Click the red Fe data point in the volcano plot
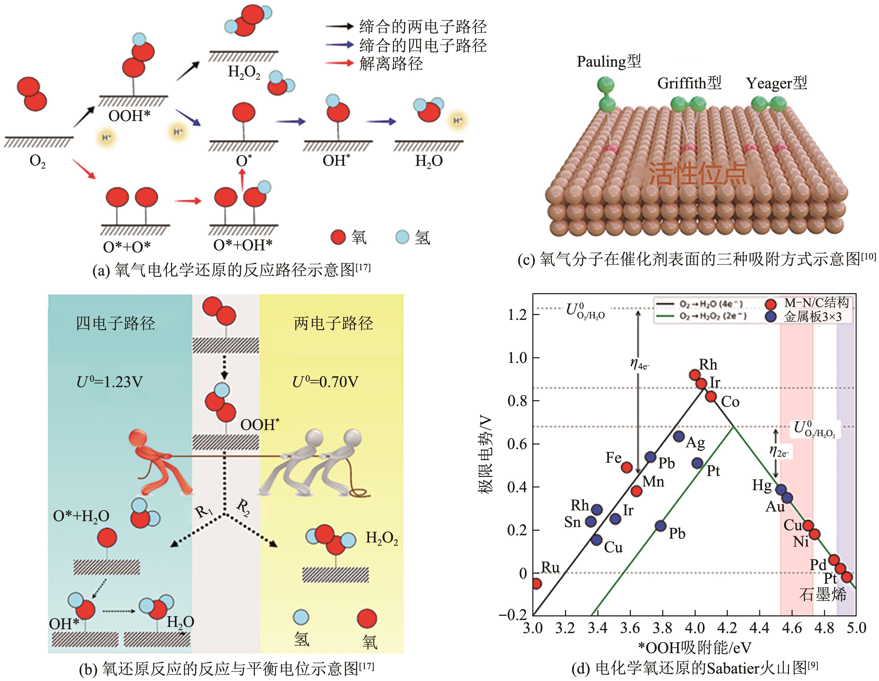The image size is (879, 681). [626, 467]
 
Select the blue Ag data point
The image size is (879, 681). [679, 436]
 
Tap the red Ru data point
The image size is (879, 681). [536, 583]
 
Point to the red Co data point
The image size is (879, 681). [711, 397]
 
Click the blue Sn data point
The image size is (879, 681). [590, 521]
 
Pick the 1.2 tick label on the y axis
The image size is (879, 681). [517, 315]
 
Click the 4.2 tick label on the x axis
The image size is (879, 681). [727, 628]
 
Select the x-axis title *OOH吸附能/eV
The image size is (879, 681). [694, 648]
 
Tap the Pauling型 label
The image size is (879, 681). [608, 62]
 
